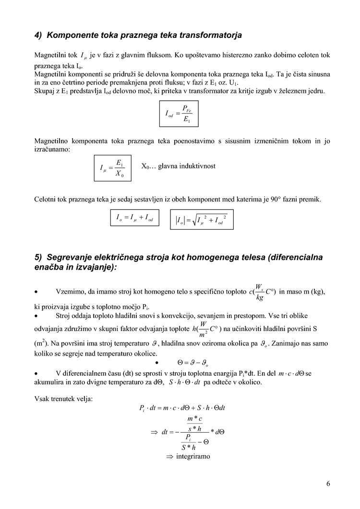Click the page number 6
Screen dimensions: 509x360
tap(328, 483)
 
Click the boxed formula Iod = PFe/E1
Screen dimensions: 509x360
tap(178, 114)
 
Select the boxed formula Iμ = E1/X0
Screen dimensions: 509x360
tap(112, 168)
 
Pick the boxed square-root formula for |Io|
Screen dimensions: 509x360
tap(202, 220)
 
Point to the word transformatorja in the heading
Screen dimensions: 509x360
tap(210, 36)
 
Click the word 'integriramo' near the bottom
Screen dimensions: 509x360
tap(193, 456)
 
